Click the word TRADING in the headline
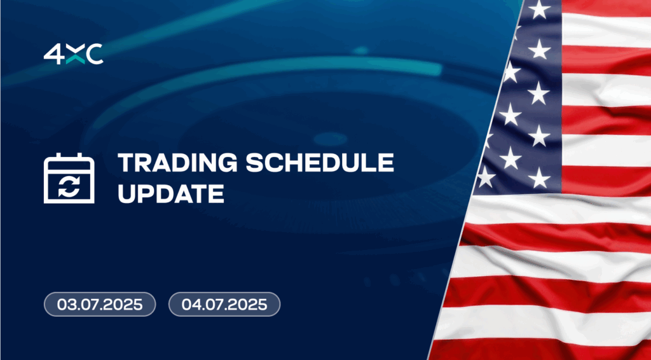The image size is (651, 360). [177, 163]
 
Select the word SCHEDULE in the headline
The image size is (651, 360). [320, 163]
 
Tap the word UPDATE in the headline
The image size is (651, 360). [171, 193]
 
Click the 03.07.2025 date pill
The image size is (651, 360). [100, 305]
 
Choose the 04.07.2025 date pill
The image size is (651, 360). [224, 305]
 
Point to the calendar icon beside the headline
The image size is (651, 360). [69, 178]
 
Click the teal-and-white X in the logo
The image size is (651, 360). [75, 55]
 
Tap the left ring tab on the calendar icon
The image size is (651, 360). [58, 156]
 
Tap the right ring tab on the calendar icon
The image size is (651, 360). [80, 156]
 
